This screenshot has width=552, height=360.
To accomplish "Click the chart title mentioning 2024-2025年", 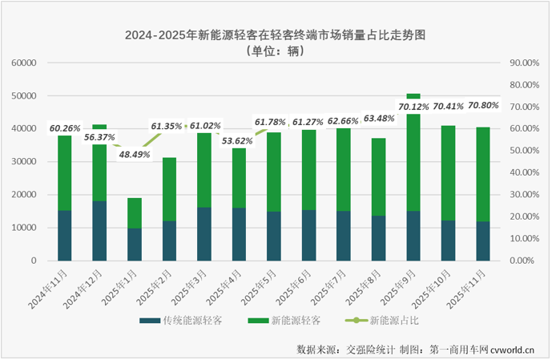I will [x=275, y=35].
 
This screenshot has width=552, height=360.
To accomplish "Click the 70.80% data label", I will [x=483, y=104].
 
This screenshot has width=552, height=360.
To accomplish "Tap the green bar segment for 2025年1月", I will [x=135, y=212].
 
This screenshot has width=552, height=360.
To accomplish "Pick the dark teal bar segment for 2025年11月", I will [x=483, y=241].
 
